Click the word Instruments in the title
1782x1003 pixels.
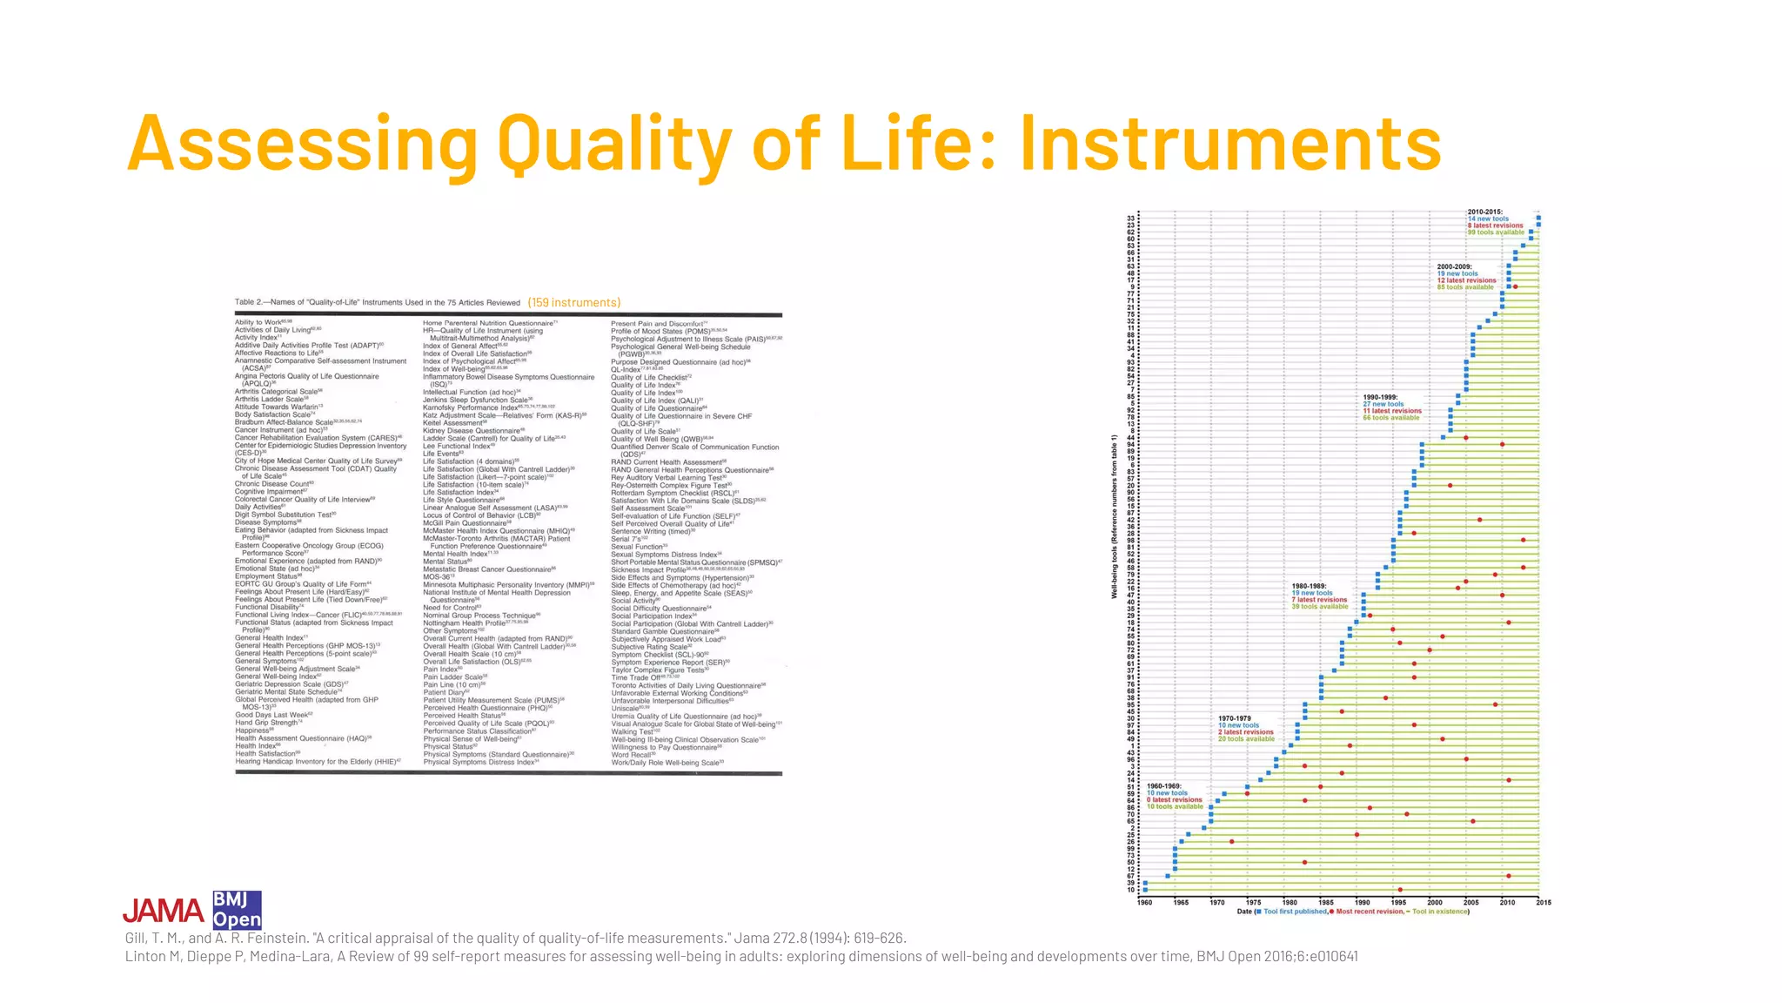(1230, 144)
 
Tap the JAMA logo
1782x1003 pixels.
(163, 911)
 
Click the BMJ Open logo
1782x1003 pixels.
(237, 910)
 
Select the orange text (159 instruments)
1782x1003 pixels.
(573, 303)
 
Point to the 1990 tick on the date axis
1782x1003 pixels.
(1363, 903)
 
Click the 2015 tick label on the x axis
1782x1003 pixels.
(1544, 903)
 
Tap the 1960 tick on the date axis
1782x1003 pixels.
(1144, 903)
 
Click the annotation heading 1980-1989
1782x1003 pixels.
(1309, 586)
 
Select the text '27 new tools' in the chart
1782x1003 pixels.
(1383, 404)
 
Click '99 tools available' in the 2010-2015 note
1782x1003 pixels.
(1496, 232)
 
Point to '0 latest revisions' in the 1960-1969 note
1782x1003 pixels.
(1174, 800)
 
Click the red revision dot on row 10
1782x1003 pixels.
(1399, 890)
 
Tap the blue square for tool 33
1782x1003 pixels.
(1538, 218)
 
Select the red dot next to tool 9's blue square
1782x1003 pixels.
(1515, 286)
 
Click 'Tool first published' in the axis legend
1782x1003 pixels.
(1295, 912)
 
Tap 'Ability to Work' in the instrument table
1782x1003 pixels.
(258, 322)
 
